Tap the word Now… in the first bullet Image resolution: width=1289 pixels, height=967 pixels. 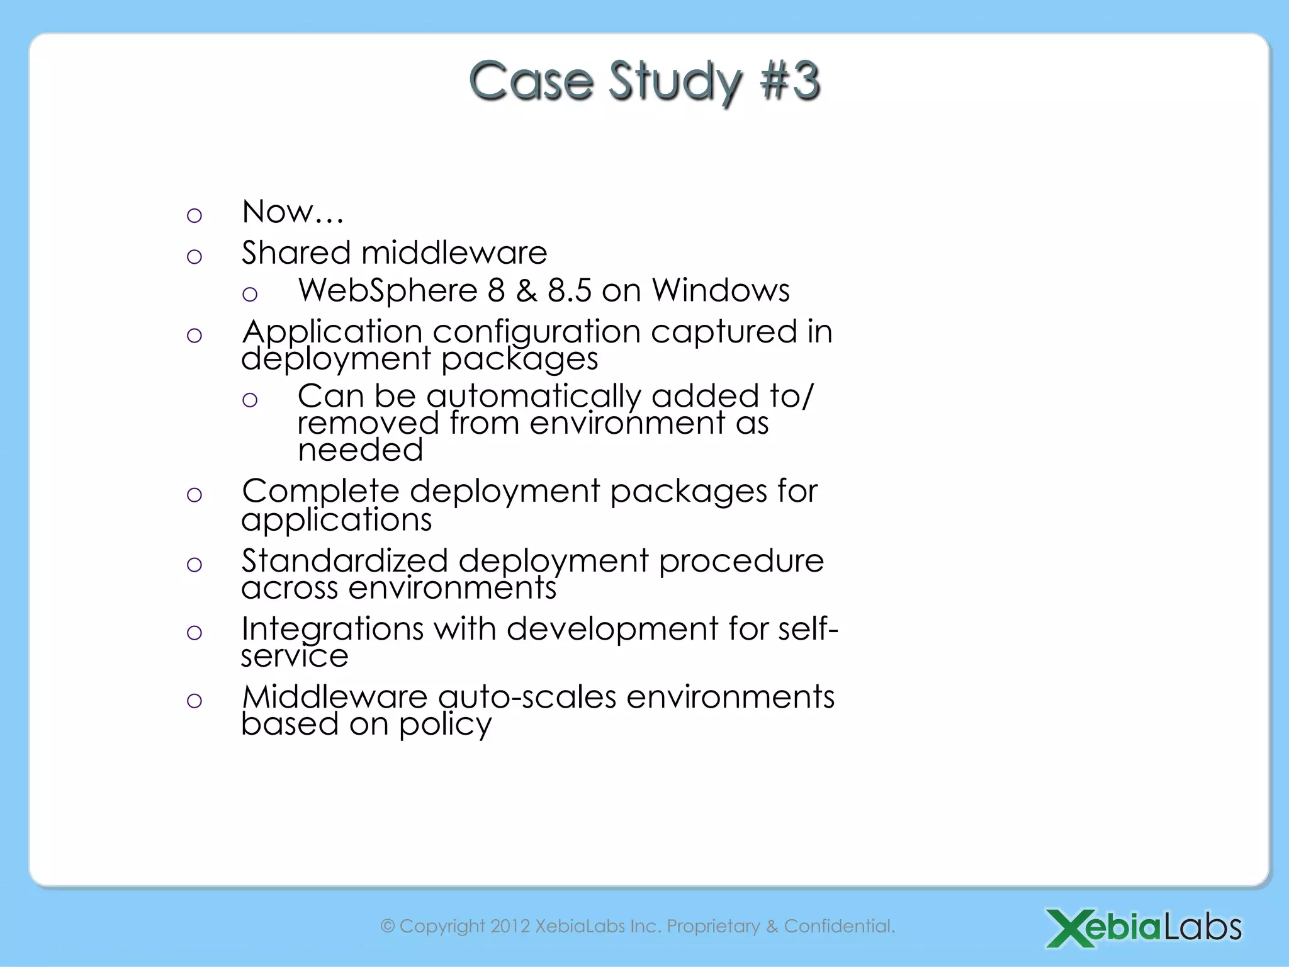click(x=293, y=212)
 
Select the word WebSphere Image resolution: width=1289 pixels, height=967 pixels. click(x=388, y=290)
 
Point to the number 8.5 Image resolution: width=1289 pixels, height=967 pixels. click(x=570, y=290)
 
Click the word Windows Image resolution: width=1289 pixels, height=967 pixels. click(x=721, y=290)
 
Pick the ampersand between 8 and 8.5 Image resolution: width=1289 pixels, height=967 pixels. click(x=526, y=290)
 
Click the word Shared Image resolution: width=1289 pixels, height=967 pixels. click(x=296, y=252)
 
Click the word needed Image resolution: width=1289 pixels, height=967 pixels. click(x=360, y=450)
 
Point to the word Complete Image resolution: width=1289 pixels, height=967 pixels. click(x=320, y=491)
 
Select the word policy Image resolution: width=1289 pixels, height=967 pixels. click(x=445, y=725)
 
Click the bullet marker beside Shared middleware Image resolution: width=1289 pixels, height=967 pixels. click(x=194, y=256)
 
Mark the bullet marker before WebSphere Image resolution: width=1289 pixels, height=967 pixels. click(x=250, y=294)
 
